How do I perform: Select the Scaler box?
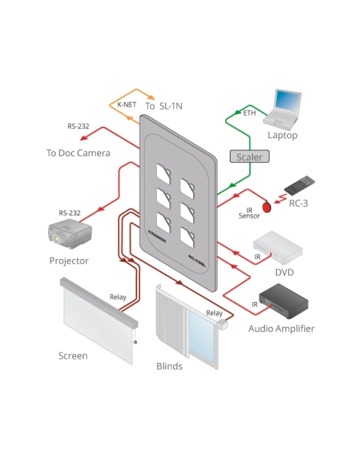[x=249, y=156]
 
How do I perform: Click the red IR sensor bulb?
[x=267, y=206]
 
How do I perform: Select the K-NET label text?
[x=127, y=105]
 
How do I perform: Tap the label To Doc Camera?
[x=78, y=153]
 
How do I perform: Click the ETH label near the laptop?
[x=249, y=112]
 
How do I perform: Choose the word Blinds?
[x=169, y=365]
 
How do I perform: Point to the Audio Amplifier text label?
[x=281, y=328]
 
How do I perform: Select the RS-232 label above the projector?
[x=69, y=212]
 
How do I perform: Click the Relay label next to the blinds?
[x=214, y=314]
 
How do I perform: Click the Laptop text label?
[x=282, y=135]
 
